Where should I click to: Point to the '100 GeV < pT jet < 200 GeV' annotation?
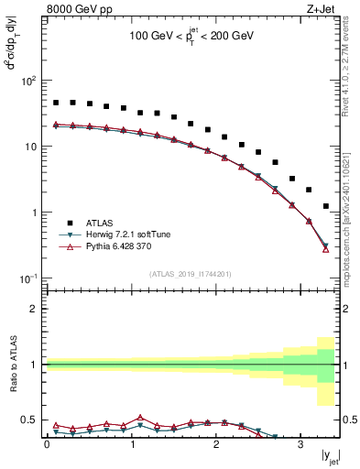tap(192, 38)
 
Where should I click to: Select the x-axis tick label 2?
tap(215, 445)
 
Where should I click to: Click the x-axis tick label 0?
tap(47, 445)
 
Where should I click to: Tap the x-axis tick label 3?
tap(300, 445)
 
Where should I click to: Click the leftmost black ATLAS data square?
tap(56, 103)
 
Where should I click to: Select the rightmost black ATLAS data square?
tap(326, 206)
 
